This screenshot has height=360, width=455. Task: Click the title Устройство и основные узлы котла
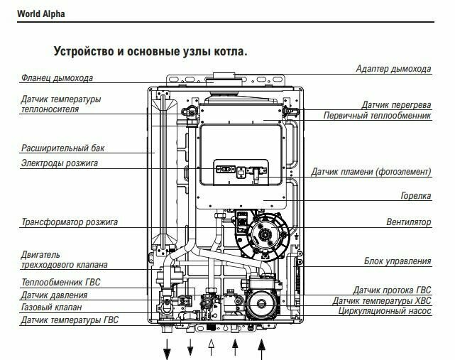click(x=150, y=52)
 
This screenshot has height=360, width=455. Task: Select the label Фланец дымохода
click(x=57, y=78)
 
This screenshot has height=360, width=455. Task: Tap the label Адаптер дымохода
click(x=393, y=69)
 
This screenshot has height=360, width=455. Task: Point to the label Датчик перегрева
click(x=395, y=104)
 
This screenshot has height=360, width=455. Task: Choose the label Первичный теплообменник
click(x=377, y=116)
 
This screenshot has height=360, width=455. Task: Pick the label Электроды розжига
click(x=60, y=163)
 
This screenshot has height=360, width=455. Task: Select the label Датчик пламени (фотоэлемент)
click(x=371, y=172)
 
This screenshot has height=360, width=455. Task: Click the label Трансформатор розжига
click(x=69, y=222)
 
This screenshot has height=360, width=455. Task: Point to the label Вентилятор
click(x=409, y=222)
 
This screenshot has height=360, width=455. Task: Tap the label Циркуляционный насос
click(x=384, y=311)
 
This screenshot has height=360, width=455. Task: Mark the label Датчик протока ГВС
click(x=392, y=290)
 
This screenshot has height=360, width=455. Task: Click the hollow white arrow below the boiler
click(x=211, y=348)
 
